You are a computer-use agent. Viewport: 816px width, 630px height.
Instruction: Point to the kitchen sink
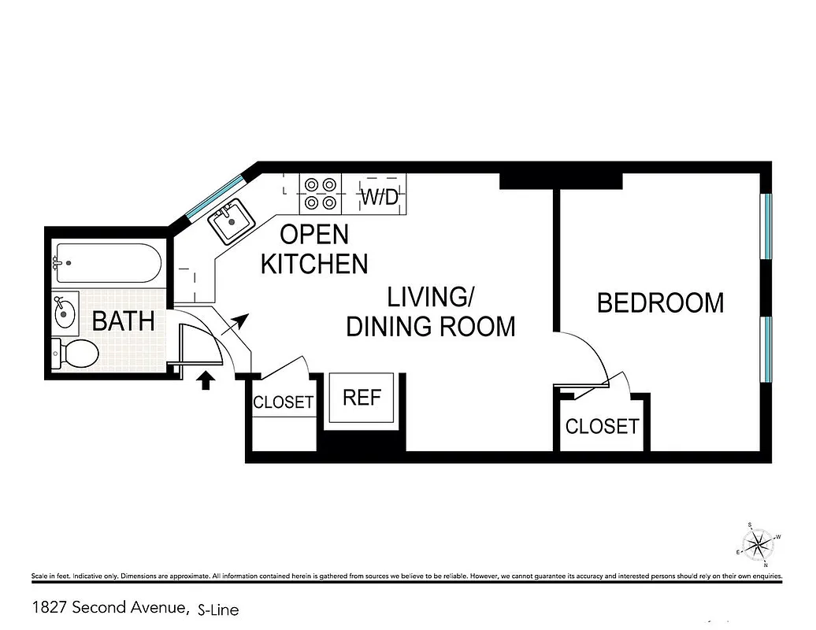pos(230,220)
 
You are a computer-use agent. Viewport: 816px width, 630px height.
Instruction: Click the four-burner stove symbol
pos(320,194)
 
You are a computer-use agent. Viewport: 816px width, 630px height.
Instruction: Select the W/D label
pos(380,197)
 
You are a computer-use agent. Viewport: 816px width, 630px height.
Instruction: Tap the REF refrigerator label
pos(362,398)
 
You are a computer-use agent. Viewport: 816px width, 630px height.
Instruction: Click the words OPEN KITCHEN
pos(314,249)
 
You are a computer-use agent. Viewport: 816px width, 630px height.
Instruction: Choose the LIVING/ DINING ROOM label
pos(431,312)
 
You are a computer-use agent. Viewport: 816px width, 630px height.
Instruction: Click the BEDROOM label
pos(660,303)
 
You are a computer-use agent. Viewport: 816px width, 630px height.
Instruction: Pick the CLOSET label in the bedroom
pos(602,427)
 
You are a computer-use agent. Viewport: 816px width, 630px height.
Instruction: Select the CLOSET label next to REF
pos(283,402)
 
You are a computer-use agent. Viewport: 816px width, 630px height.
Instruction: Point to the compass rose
pos(759,543)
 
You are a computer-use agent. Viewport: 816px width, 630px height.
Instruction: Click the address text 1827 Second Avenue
pos(109,608)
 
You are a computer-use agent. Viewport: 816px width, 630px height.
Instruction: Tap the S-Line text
pos(218,609)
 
